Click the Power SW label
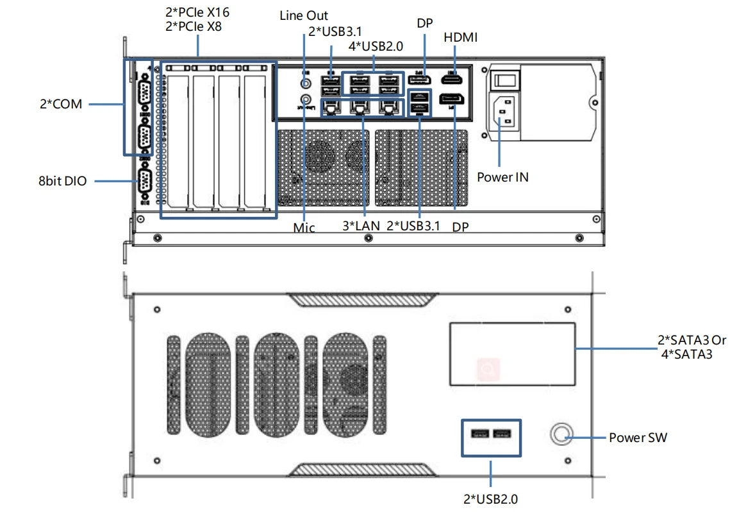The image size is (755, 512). pos(638,438)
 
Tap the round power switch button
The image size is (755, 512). pos(562,434)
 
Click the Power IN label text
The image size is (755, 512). pos(502,177)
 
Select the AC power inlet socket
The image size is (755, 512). pos(504,114)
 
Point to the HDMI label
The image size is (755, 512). pos(460,38)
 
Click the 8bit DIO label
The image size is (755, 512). pos(62,181)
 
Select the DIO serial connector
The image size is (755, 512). pos(144,182)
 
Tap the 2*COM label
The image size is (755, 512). pos(60,103)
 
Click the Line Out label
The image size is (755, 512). pos(304,15)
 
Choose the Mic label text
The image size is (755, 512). pos(304,227)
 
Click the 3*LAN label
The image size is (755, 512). pos(361,225)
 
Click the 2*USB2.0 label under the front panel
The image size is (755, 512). pos(490,498)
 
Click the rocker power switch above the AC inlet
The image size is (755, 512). pos(505,79)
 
